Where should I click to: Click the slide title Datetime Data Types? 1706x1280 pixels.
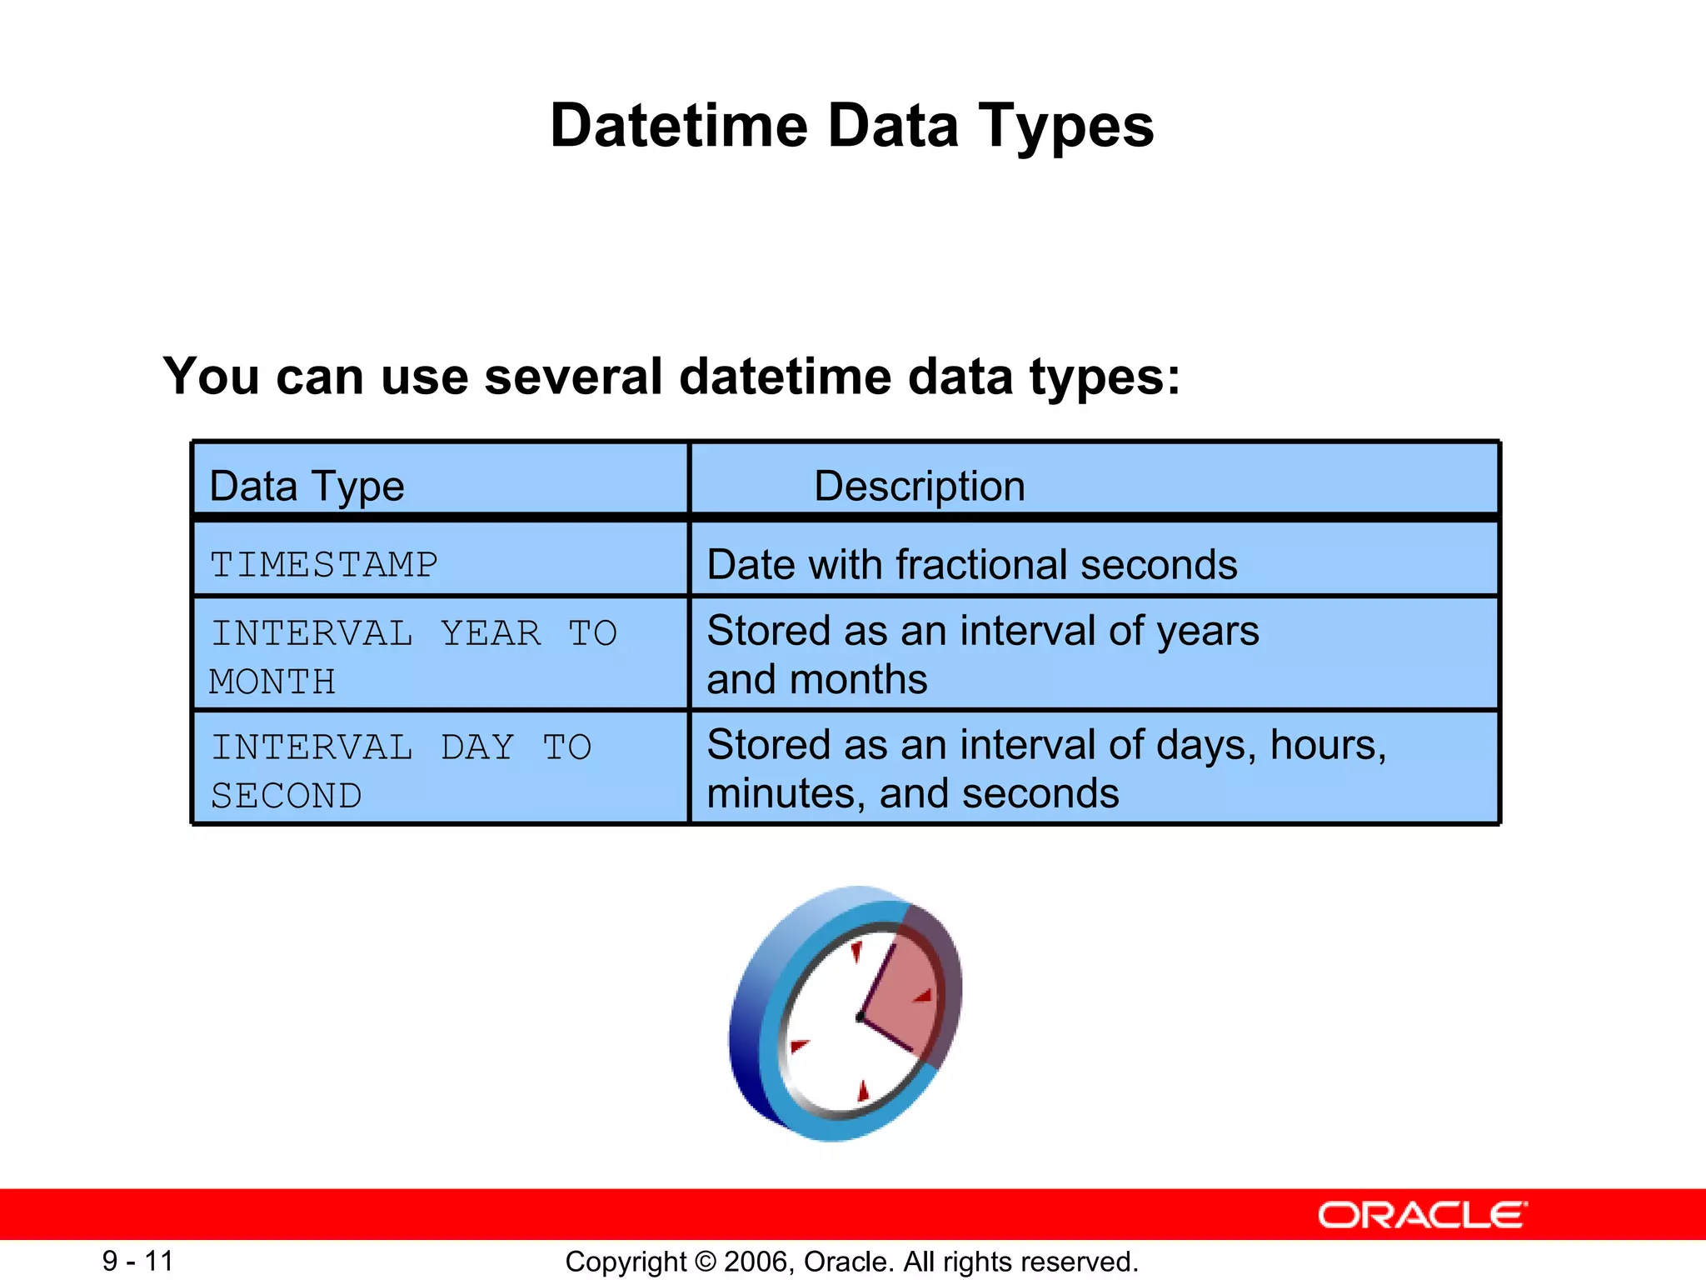click(x=851, y=126)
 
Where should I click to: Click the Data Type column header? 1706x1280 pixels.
click(x=307, y=486)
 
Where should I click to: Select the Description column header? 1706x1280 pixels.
click(x=919, y=486)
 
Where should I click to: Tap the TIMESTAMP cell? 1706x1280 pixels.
click(x=323, y=565)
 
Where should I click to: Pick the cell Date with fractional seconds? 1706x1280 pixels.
click(x=971, y=564)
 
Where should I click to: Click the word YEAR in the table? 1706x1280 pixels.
click(x=491, y=633)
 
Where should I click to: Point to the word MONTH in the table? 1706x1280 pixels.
click(x=272, y=682)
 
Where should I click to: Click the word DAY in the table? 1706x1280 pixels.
click(x=477, y=747)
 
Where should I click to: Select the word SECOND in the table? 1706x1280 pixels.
click(x=286, y=796)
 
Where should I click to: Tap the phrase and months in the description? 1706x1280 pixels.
click(x=816, y=679)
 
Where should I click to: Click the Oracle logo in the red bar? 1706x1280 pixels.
click(x=1422, y=1215)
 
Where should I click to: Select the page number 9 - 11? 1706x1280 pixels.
click(x=137, y=1261)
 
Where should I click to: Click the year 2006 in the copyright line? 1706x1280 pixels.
click(x=755, y=1262)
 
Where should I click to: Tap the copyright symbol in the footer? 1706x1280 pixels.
click(x=706, y=1262)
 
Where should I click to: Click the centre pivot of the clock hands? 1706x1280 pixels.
click(x=860, y=1017)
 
